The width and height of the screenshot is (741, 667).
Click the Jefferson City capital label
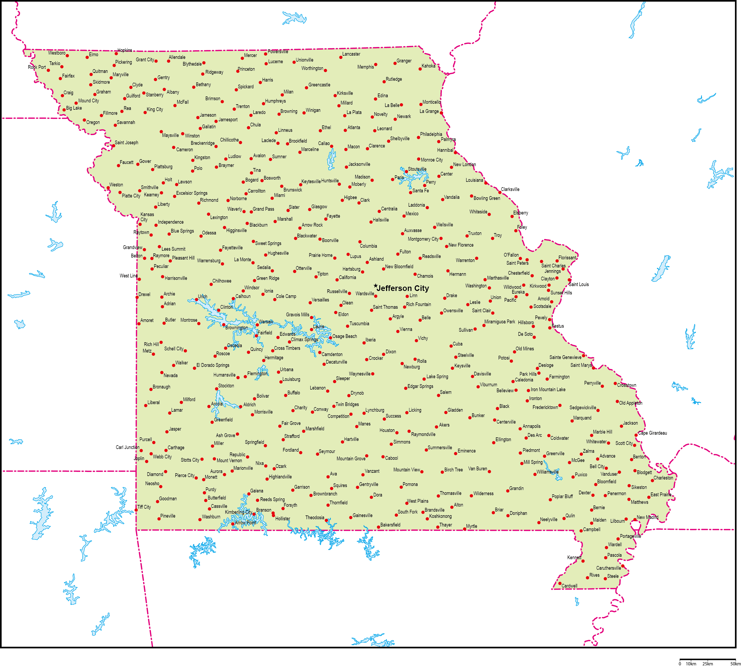(403, 289)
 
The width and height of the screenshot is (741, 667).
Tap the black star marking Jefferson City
(375, 286)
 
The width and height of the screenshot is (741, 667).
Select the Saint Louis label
(579, 284)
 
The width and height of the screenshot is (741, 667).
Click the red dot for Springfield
(265, 446)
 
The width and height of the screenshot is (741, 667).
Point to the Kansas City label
(147, 217)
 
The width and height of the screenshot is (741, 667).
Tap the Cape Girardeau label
(652, 433)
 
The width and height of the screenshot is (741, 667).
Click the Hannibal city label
(445, 150)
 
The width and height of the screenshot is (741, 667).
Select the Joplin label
(139, 458)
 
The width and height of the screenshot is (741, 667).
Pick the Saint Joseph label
(126, 143)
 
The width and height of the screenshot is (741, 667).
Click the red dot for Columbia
(360, 242)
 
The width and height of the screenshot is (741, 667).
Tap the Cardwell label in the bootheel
(569, 586)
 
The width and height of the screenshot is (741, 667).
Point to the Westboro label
(57, 53)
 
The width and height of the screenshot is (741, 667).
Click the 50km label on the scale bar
(735, 664)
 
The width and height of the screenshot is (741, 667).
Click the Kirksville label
(345, 93)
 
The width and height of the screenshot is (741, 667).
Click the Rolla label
(422, 361)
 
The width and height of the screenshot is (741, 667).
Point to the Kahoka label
(428, 66)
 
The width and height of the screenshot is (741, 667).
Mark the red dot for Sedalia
(272, 271)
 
